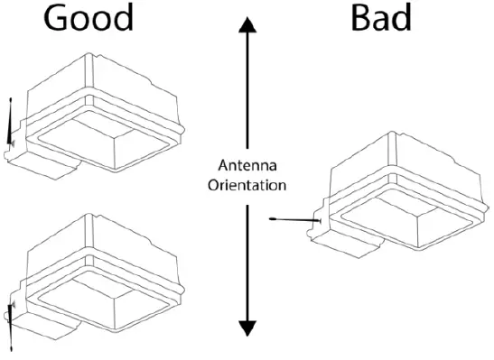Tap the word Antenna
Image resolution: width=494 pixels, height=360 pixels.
pos(247,165)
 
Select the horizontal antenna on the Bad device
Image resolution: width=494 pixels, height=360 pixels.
pos(294,219)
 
